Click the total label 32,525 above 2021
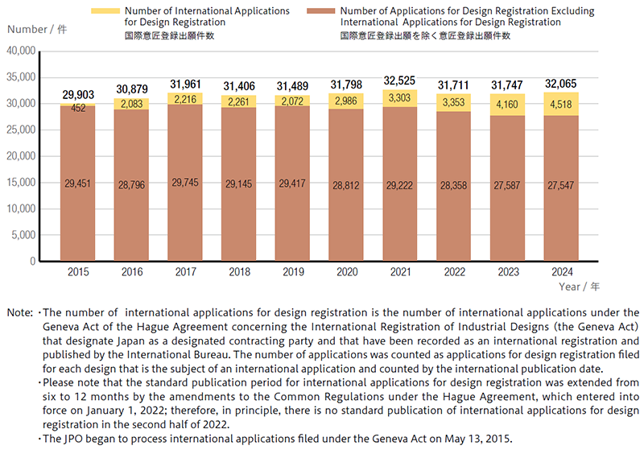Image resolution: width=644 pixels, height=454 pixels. (400, 80)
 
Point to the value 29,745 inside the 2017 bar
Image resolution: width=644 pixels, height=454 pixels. (185, 184)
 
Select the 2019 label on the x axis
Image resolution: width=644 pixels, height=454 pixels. (293, 272)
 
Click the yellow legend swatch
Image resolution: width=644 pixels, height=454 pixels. (105, 11)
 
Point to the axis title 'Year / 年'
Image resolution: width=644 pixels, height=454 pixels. (580, 287)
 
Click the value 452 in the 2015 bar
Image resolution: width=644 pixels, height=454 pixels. (78, 108)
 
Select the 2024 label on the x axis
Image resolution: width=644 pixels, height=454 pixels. (561, 272)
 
